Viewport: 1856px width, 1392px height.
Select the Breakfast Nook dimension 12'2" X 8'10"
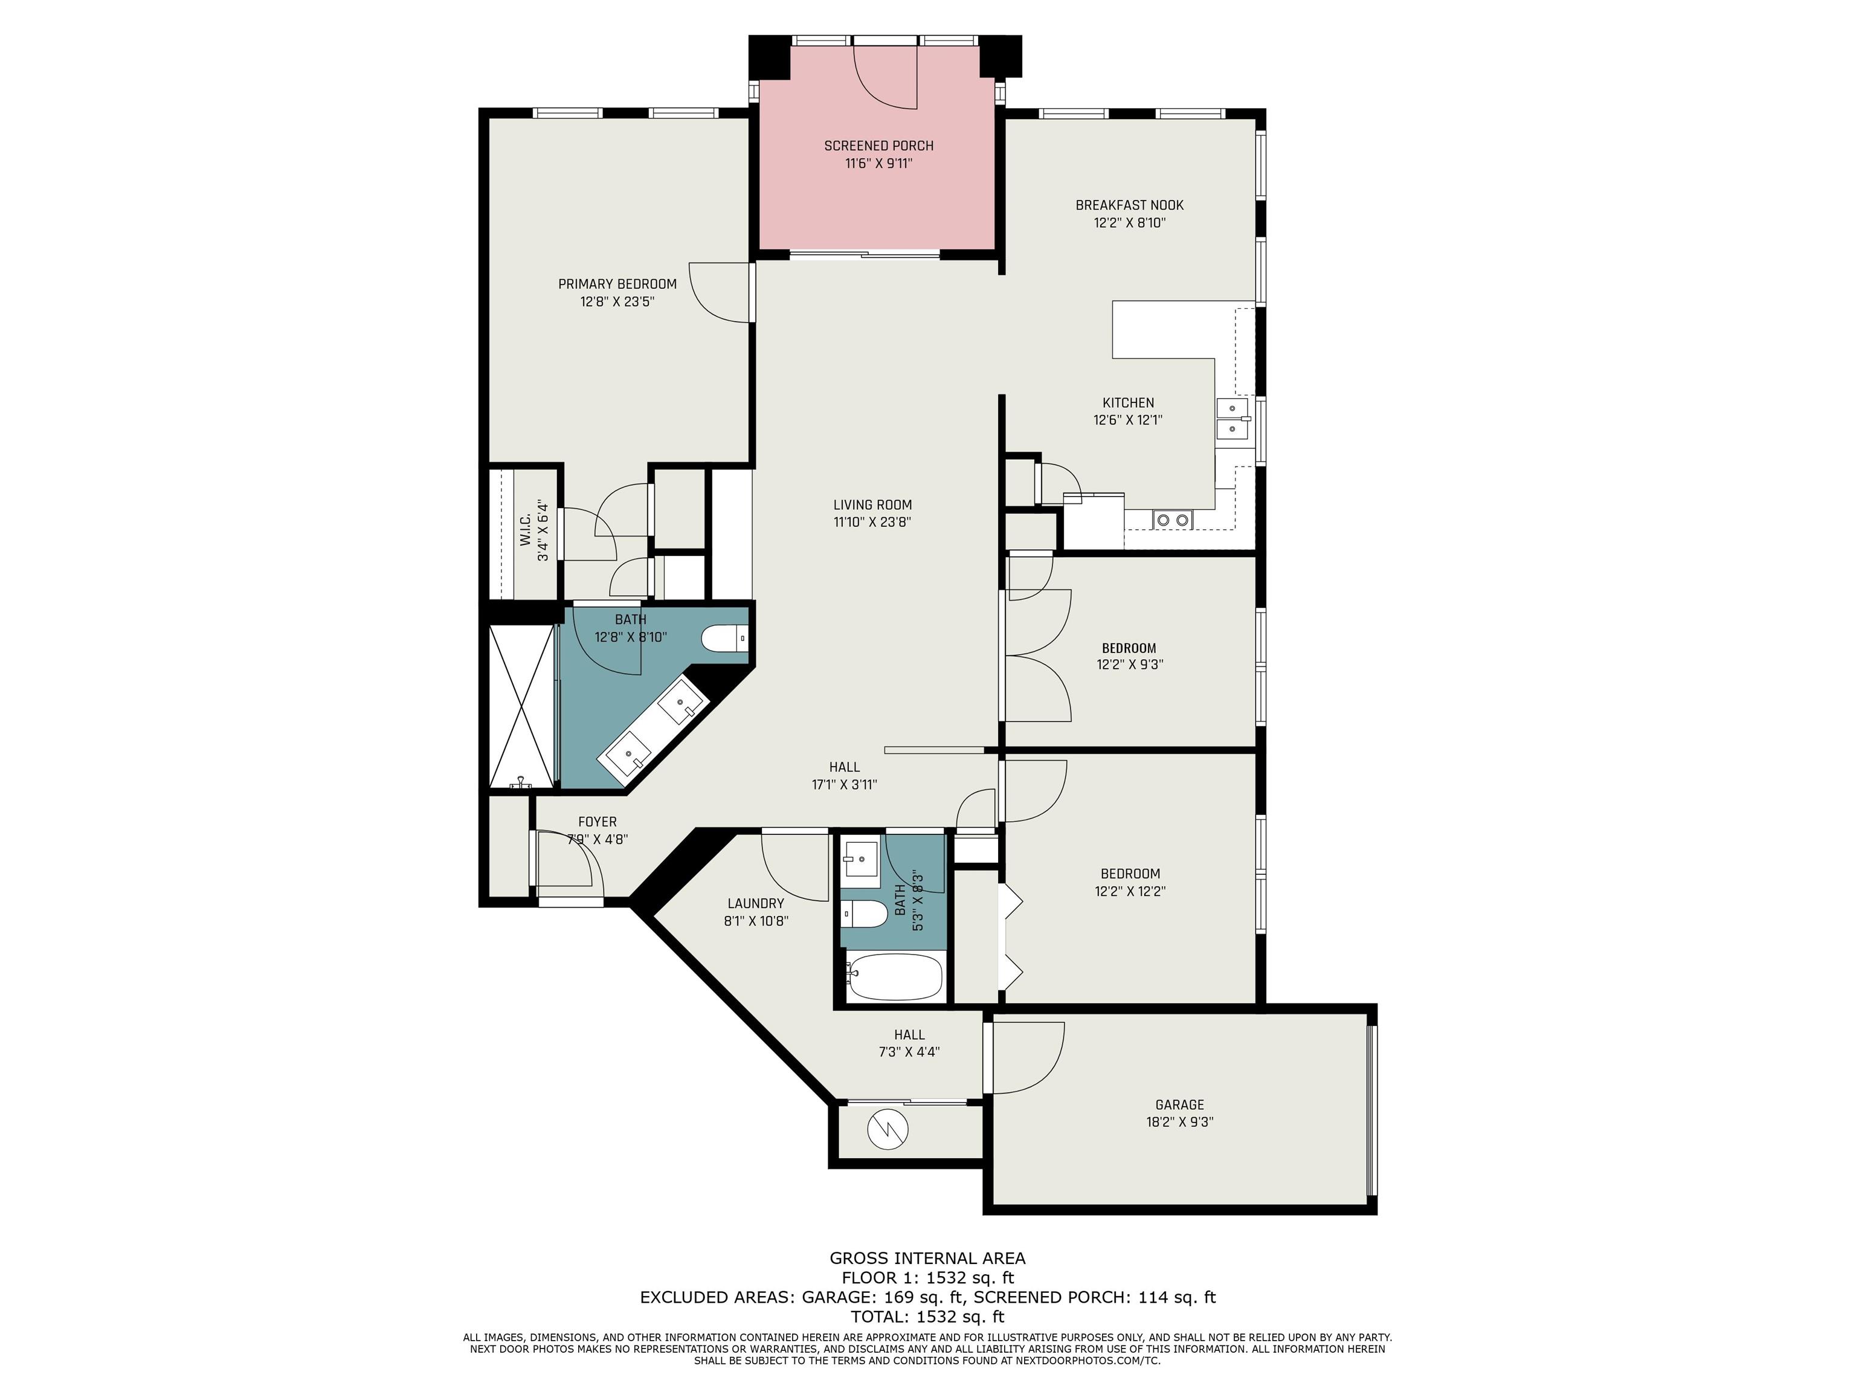coord(1129,223)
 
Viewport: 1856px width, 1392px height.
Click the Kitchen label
coord(1129,403)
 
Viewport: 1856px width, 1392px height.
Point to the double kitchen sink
coord(1232,419)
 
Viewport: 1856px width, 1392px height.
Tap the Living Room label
coord(872,505)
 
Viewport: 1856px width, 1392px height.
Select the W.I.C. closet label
coord(524,530)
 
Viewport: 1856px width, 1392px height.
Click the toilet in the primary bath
coord(724,639)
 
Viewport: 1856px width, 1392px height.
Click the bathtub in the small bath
coord(894,977)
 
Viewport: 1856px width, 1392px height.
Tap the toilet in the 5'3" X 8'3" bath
coord(864,913)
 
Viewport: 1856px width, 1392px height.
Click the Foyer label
coord(598,822)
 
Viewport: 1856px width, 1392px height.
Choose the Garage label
coord(1180,1105)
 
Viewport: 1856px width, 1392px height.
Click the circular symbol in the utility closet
coord(888,1130)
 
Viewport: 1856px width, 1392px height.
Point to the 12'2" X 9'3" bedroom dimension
coord(1129,665)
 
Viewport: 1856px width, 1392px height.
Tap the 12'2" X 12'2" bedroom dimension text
coord(1129,892)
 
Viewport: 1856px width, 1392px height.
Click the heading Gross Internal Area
coord(928,1258)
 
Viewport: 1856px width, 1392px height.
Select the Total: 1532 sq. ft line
coord(928,1316)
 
